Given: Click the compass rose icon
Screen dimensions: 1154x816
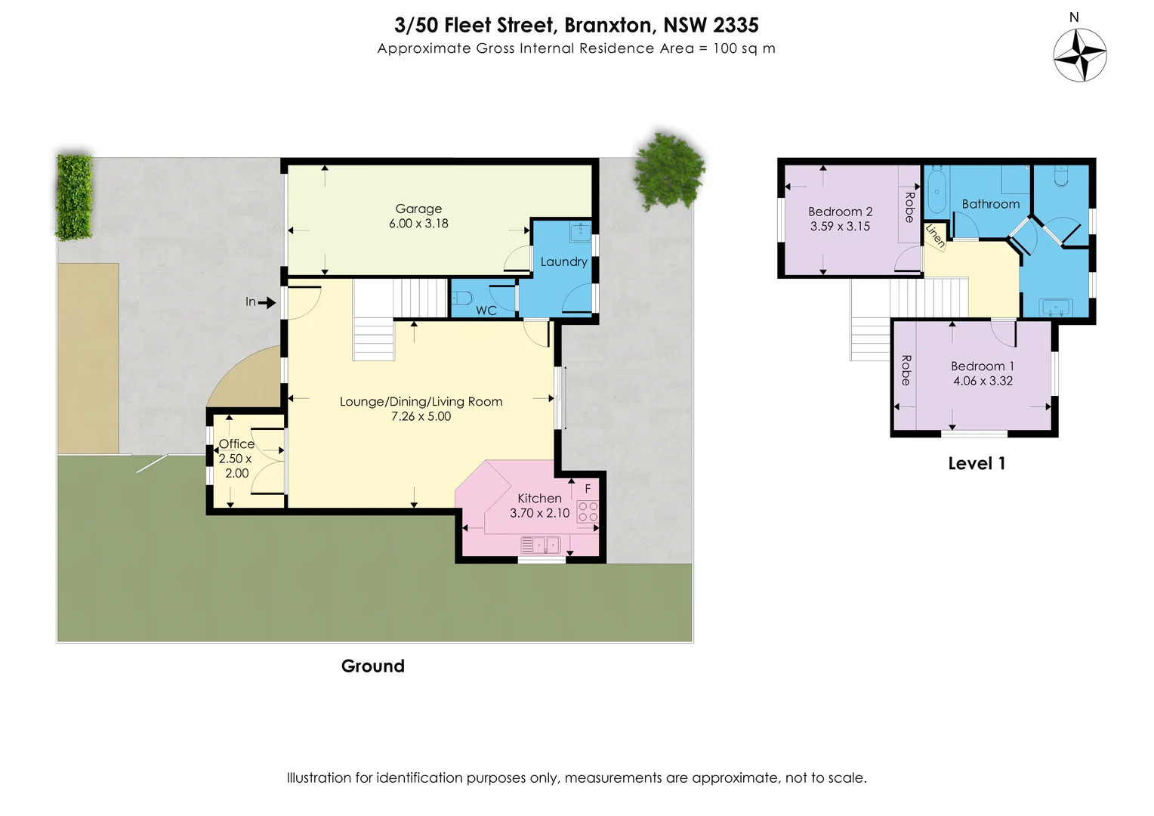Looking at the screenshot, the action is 1080,55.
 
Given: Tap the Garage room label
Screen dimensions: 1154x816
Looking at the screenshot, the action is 418,209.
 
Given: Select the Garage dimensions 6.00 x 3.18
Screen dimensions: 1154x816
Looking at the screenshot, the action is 418,224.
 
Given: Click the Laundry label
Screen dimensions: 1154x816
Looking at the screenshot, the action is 563,262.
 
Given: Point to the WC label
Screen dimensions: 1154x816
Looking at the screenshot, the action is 486,311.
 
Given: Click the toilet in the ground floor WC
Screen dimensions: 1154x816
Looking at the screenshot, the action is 462,298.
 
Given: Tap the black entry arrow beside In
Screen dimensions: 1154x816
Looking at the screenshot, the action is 267,302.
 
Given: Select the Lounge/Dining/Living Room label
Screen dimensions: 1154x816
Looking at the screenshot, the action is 421,401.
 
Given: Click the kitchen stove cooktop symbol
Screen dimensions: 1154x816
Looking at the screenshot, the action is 588,512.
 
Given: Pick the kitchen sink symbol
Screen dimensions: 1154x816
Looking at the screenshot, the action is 541,545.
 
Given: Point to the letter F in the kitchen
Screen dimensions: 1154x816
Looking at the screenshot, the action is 588,489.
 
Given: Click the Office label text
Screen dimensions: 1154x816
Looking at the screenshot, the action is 236,444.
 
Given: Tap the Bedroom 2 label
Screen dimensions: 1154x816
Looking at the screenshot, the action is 841,212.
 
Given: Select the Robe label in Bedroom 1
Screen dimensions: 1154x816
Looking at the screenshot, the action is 906,370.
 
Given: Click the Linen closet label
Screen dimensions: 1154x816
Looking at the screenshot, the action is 935,236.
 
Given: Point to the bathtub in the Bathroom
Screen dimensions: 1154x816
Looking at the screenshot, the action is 938,192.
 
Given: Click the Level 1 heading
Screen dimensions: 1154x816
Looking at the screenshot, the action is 977,463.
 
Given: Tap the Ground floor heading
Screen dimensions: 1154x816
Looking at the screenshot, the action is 373,666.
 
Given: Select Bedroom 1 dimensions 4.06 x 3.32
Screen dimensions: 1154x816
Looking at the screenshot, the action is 983,381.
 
